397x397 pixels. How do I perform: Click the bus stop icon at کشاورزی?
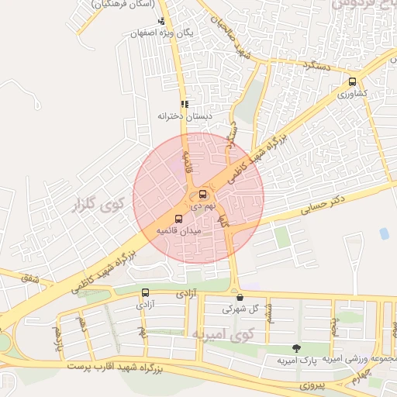pos(353,81)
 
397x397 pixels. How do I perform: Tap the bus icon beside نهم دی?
pos(203,194)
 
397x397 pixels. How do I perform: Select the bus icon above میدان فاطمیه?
pos(179,219)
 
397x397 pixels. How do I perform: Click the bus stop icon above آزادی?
pos(145,292)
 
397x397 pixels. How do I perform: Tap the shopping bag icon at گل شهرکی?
pos(239,296)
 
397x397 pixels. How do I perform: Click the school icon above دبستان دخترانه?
pos(185,104)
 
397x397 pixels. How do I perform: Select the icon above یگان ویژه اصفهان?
pos(161,22)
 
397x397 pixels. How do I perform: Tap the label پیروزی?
pos(316,384)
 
